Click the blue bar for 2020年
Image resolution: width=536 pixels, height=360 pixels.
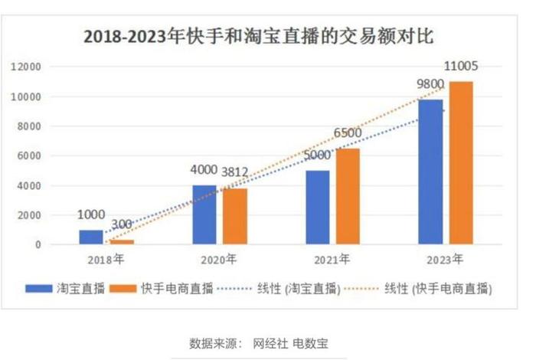pos(204,215)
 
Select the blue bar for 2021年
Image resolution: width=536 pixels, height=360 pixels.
pos(317,208)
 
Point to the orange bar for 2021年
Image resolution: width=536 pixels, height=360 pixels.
pos(346,197)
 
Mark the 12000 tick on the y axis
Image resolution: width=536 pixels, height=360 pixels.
pos(25,67)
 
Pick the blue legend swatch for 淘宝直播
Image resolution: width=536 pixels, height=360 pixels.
pos(38,289)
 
